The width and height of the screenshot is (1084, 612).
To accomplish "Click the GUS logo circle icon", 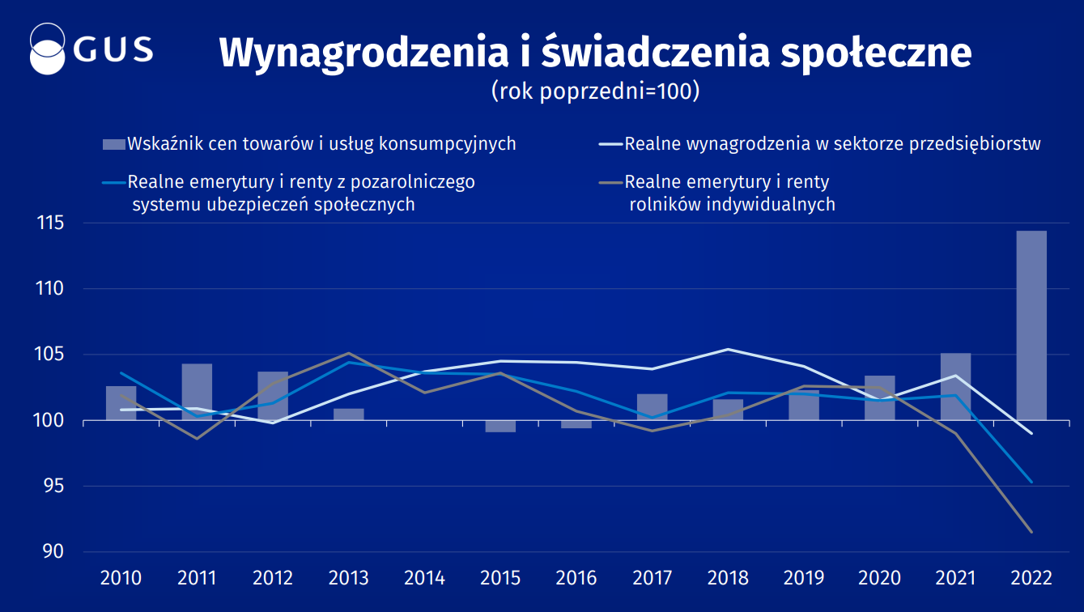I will (x=47, y=49).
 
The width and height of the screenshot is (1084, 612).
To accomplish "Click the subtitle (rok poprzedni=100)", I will (x=595, y=91).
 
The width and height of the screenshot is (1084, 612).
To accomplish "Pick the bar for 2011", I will (x=197, y=392).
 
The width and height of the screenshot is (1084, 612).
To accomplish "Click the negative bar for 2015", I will (x=500, y=426).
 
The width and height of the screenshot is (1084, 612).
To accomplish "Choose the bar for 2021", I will (x=955, y=387).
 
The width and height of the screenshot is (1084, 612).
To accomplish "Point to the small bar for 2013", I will (x=349, y=414).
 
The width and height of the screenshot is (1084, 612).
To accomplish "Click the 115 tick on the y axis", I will (x=50, y=223).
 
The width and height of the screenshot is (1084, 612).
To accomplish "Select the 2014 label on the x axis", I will (x=424, y=578).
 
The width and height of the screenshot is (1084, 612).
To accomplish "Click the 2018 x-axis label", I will (x=728, y=578).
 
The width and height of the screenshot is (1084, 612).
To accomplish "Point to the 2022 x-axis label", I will (x=1031, y=578).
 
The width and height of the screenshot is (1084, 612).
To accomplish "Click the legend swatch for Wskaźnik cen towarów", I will (x=114, y=145).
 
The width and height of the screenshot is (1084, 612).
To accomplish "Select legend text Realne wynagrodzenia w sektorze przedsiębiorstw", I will (x=832, y=145).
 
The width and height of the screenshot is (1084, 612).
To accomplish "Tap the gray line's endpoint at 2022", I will (x=1031, y=532).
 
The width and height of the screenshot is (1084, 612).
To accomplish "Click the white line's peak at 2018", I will (x=728, y=349).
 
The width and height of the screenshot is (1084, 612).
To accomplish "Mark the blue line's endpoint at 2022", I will (x=1031, y=482).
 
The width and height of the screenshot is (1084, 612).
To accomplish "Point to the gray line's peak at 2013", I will (x=349, y=353).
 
